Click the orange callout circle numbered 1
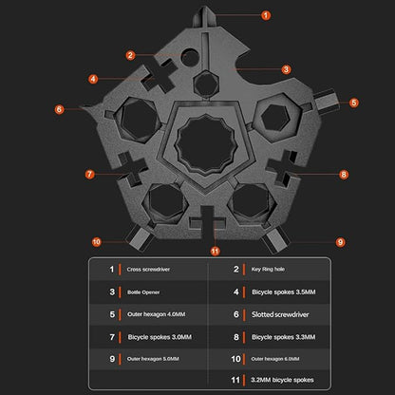click(x=266, y=15)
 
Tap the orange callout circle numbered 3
click(x=286, y=69)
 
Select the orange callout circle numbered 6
click(x=59, y=109)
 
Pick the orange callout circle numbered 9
click(x=340, y=242)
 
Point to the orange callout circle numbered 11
click(x=215, y=252)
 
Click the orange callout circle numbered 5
click(x=354, y=103)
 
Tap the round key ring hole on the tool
click(x=190, y=57)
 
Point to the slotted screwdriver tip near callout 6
click(x=90, y=109)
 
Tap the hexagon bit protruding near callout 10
click(x=140, y=238)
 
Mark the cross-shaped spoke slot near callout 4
click(x=159, y=75)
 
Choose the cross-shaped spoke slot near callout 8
click(x=282, y=168)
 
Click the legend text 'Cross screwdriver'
click(x=148, y=270)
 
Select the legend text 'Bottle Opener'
click(x=143, y=292)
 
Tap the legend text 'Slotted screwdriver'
click(x=280, y=314)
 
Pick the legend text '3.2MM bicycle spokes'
click(x=282, y=380)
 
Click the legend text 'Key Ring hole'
click(x=268, y=270)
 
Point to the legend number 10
click(x=235, y=359)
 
